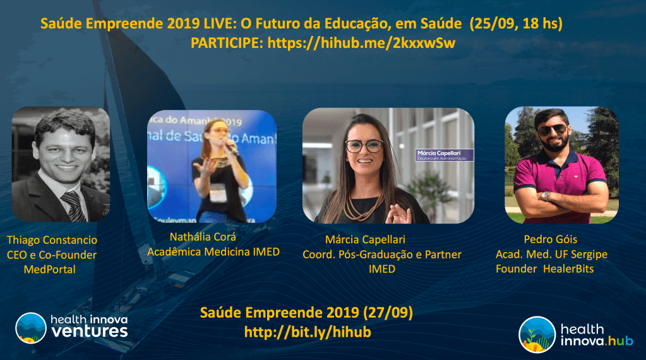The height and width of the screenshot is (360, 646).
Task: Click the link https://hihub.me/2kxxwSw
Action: click(x=362, y=43)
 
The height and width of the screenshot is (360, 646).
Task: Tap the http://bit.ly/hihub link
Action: click(x=308, y=332)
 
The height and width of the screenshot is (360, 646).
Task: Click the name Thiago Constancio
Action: click(x=51, y=240)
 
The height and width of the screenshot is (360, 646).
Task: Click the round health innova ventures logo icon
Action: click(x=30, y=327)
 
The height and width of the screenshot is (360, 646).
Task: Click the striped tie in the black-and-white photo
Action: click(x=73, y=205)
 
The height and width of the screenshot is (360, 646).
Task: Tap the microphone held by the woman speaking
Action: click(x=232, y=150)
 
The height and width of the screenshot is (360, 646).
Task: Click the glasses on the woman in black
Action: click(x=364, y=145)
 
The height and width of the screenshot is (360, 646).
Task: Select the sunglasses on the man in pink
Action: click(x=551, y=129)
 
